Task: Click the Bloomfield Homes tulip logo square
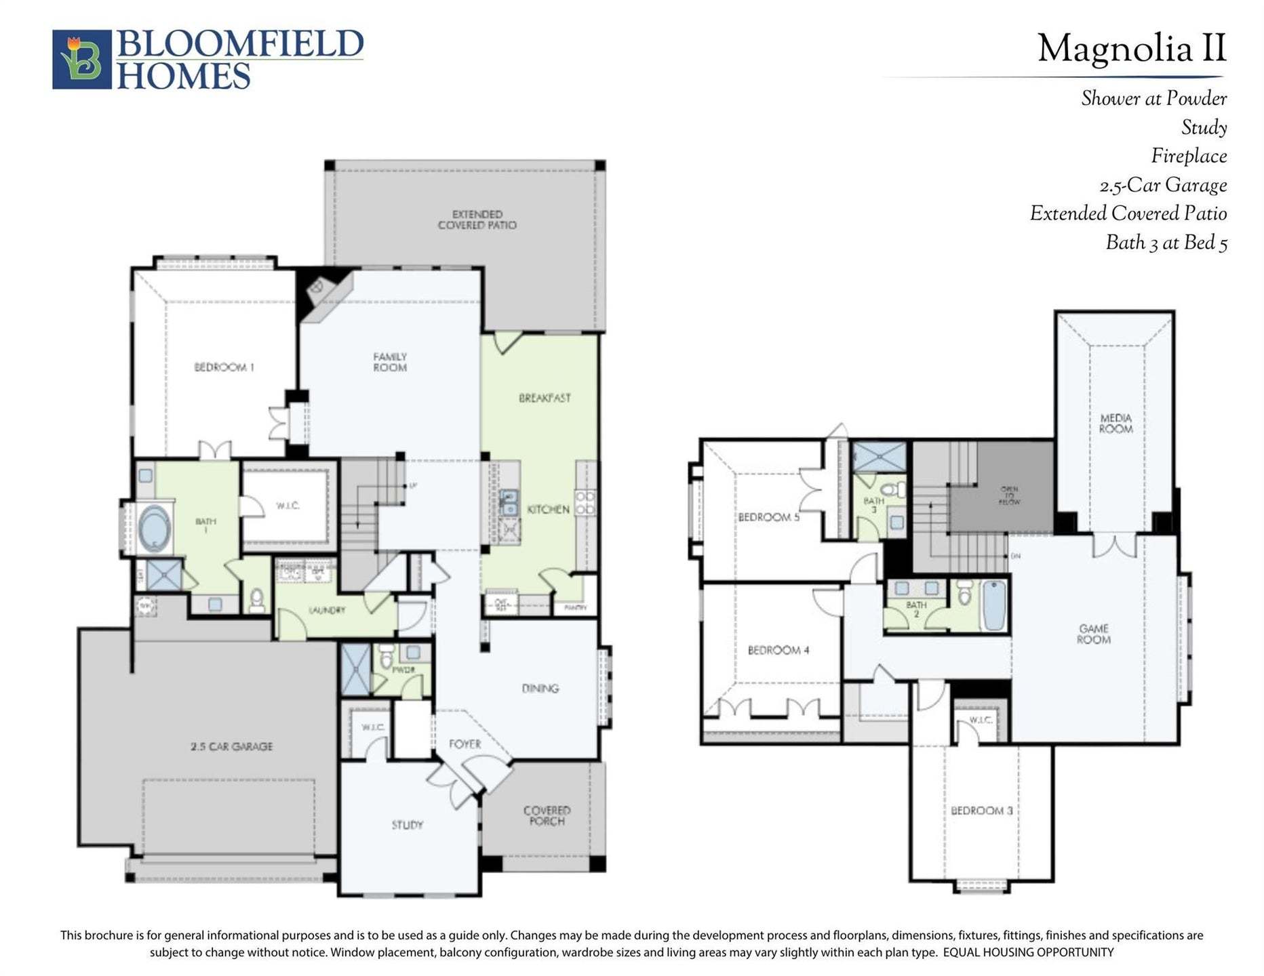[81, 59]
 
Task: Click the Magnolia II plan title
[1131, 49]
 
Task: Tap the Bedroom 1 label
[224, 367]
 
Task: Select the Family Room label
[390, 362]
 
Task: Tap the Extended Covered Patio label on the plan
[477, 220]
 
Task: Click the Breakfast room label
[545, 398]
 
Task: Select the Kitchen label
[548, 509]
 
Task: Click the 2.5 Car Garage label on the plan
[231, 746]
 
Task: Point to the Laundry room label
[327, 610]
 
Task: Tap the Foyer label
[465, 744]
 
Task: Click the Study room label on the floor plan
[407, 825]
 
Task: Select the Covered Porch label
[547, 815]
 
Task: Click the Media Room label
[1115, 423]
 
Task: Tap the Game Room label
[1094, 634]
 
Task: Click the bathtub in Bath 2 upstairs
[994, 605]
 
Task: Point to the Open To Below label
[1009, 495]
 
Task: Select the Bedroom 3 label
[981, 811]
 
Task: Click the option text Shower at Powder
[1153, 99]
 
